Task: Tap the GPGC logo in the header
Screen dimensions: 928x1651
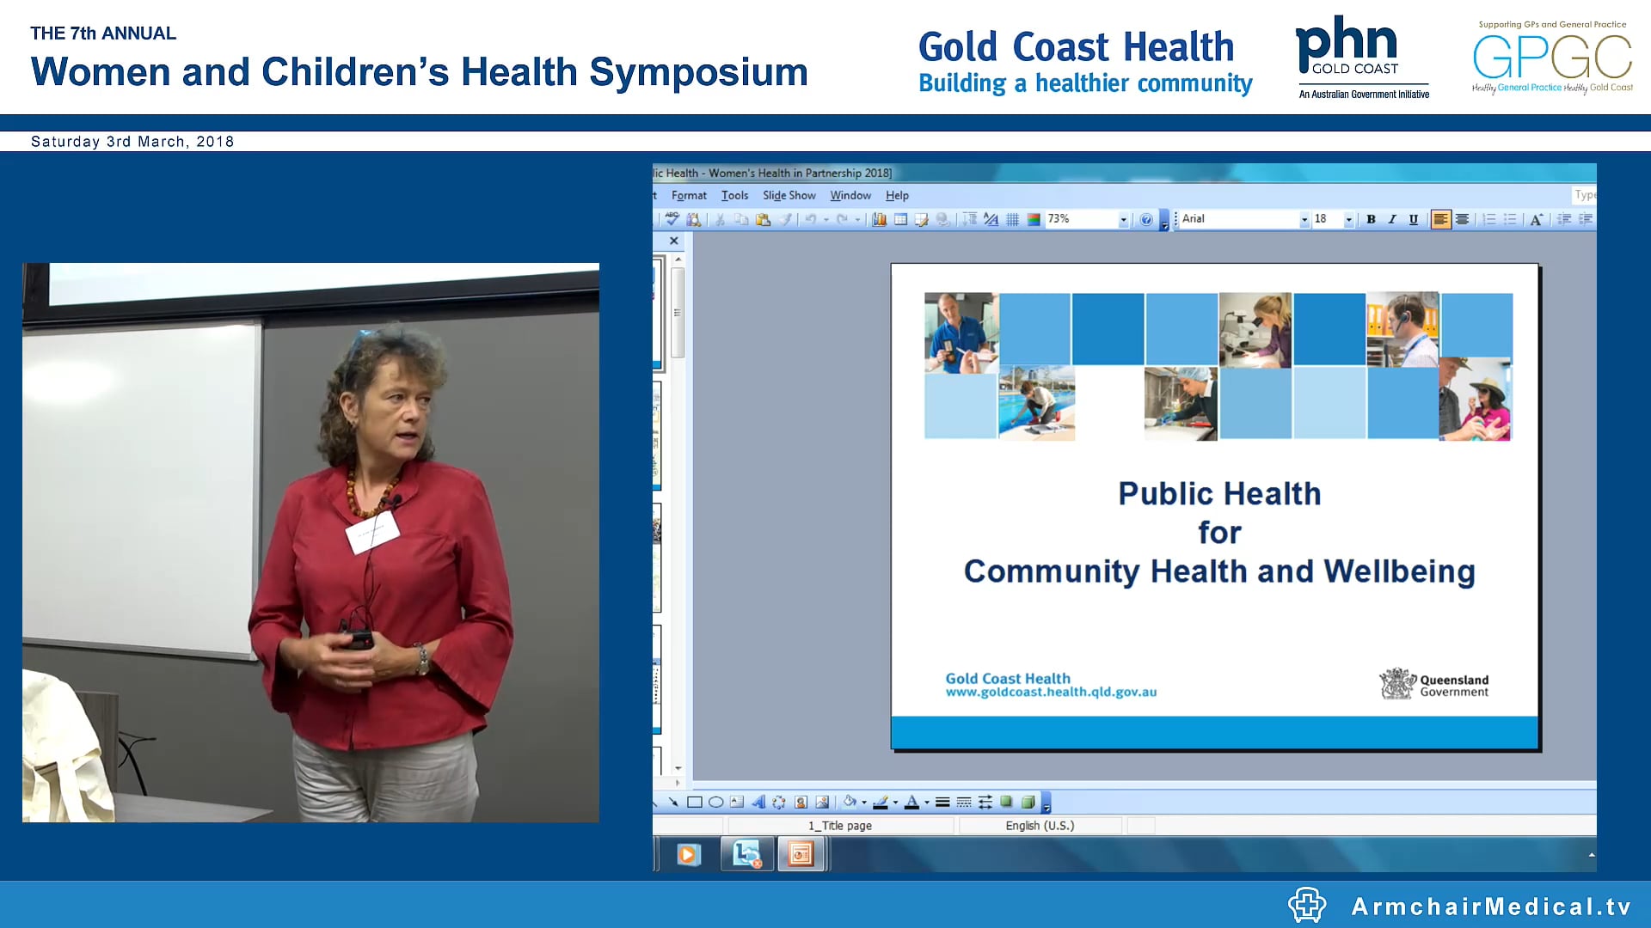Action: [1552, 57]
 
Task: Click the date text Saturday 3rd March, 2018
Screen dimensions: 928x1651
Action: [132, 142]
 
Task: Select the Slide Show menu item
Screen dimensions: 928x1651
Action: [789, 196]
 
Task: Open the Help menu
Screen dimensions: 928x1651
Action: [897, 196]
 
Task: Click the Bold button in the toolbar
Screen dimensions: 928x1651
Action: [1371, 220]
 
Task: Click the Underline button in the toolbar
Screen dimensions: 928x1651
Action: [1413, 220]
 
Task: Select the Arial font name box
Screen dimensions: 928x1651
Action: [1238, 220]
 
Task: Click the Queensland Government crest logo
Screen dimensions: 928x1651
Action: [1397, 685]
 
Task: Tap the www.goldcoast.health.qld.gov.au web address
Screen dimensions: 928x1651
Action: [1051, 693]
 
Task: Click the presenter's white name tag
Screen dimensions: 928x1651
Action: [372, 532]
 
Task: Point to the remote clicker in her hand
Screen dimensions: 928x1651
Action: [359, 639]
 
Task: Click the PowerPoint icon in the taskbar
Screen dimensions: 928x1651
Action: [801, 854]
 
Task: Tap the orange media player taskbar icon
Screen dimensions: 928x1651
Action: [687, 854]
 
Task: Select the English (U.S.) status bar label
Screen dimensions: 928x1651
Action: [1040, 826]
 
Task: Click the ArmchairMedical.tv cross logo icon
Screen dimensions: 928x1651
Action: [1307, 905]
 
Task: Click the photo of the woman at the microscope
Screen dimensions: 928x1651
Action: [1255, 330]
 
